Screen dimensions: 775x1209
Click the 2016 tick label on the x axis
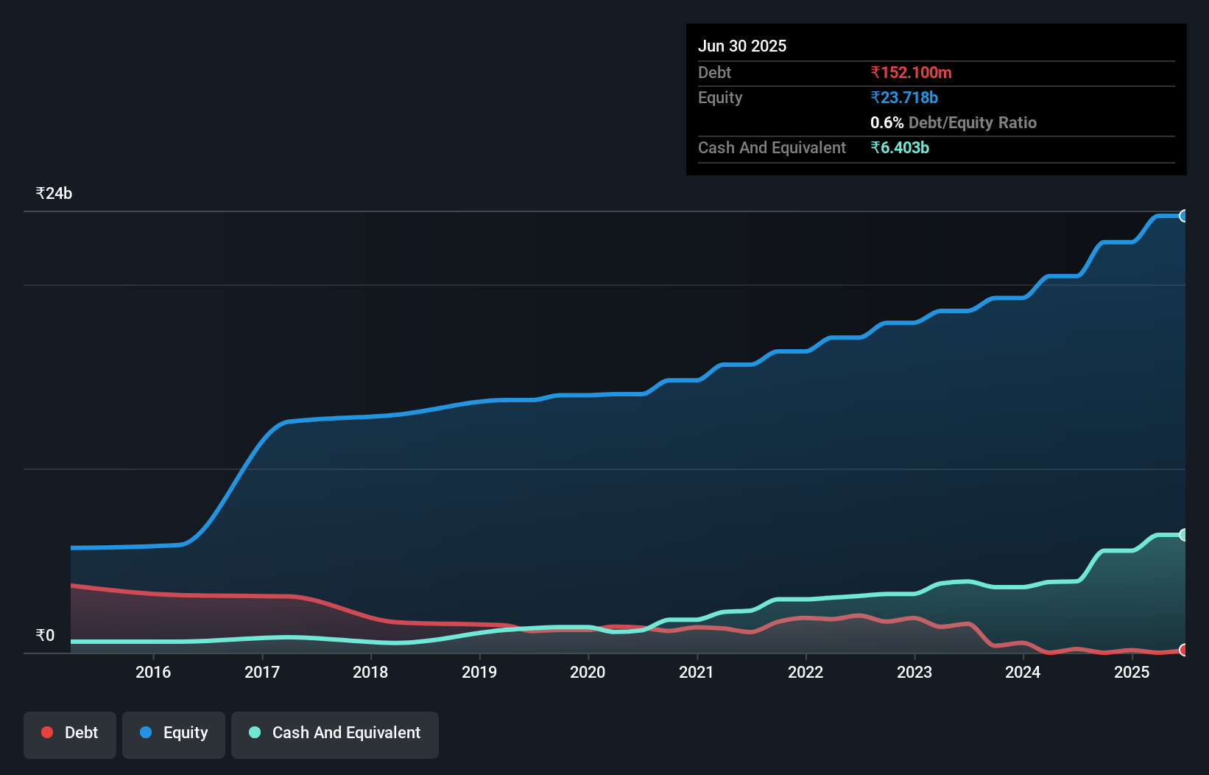[x=153, y=672]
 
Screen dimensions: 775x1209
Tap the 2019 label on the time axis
[x=479, y=672]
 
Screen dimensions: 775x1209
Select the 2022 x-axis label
[x=806, y=672]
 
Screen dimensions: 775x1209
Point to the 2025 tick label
[x=1132, y=672]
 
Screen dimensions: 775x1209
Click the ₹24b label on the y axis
[x=54, y=194]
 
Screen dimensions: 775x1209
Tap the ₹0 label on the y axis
[x=45, y=636]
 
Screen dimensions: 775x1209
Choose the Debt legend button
[x=70, y=733]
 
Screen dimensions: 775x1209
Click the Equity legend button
[x=174, y=733]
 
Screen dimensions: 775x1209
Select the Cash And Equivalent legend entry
[x=335, y=733]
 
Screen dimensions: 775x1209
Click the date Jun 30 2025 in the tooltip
[x=742, y=46]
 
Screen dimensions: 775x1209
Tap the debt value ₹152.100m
[x=911, y=73]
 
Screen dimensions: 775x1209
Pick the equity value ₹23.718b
[x=904, y=98]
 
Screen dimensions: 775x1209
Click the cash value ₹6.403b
[x=900, y=148]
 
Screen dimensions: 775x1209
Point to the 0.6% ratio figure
[x=887, y=123]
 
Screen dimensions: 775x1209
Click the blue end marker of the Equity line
[x=1184, y=216]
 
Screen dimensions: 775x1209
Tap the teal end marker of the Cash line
[x=1184, y=535]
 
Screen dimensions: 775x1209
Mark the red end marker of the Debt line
[x=1184, y=650]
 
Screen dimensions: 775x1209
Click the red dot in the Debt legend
[x=47, y=732]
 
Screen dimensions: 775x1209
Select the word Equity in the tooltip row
[x=720, y=98]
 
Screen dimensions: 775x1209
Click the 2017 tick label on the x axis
[x=262, y=672]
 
